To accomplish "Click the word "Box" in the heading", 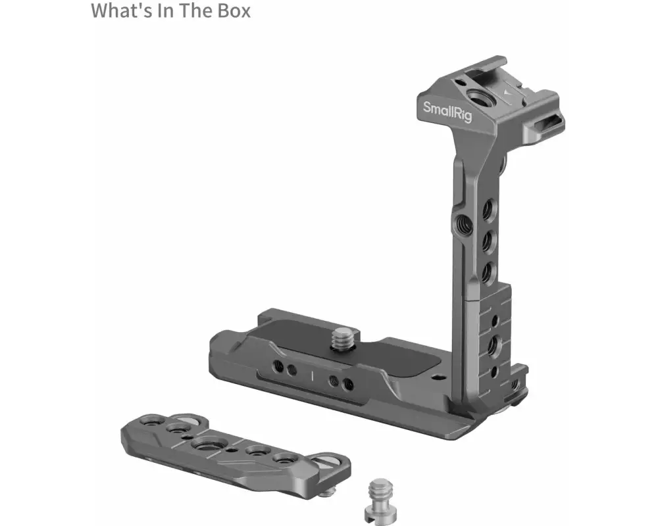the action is (234, 11).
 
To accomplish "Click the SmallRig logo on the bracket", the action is (447, 111).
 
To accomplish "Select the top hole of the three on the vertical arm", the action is (488, 208).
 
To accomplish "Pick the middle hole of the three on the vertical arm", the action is (488, 241).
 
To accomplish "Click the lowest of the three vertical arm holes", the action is (487, 272).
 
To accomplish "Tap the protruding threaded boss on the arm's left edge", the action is (462, 223).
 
